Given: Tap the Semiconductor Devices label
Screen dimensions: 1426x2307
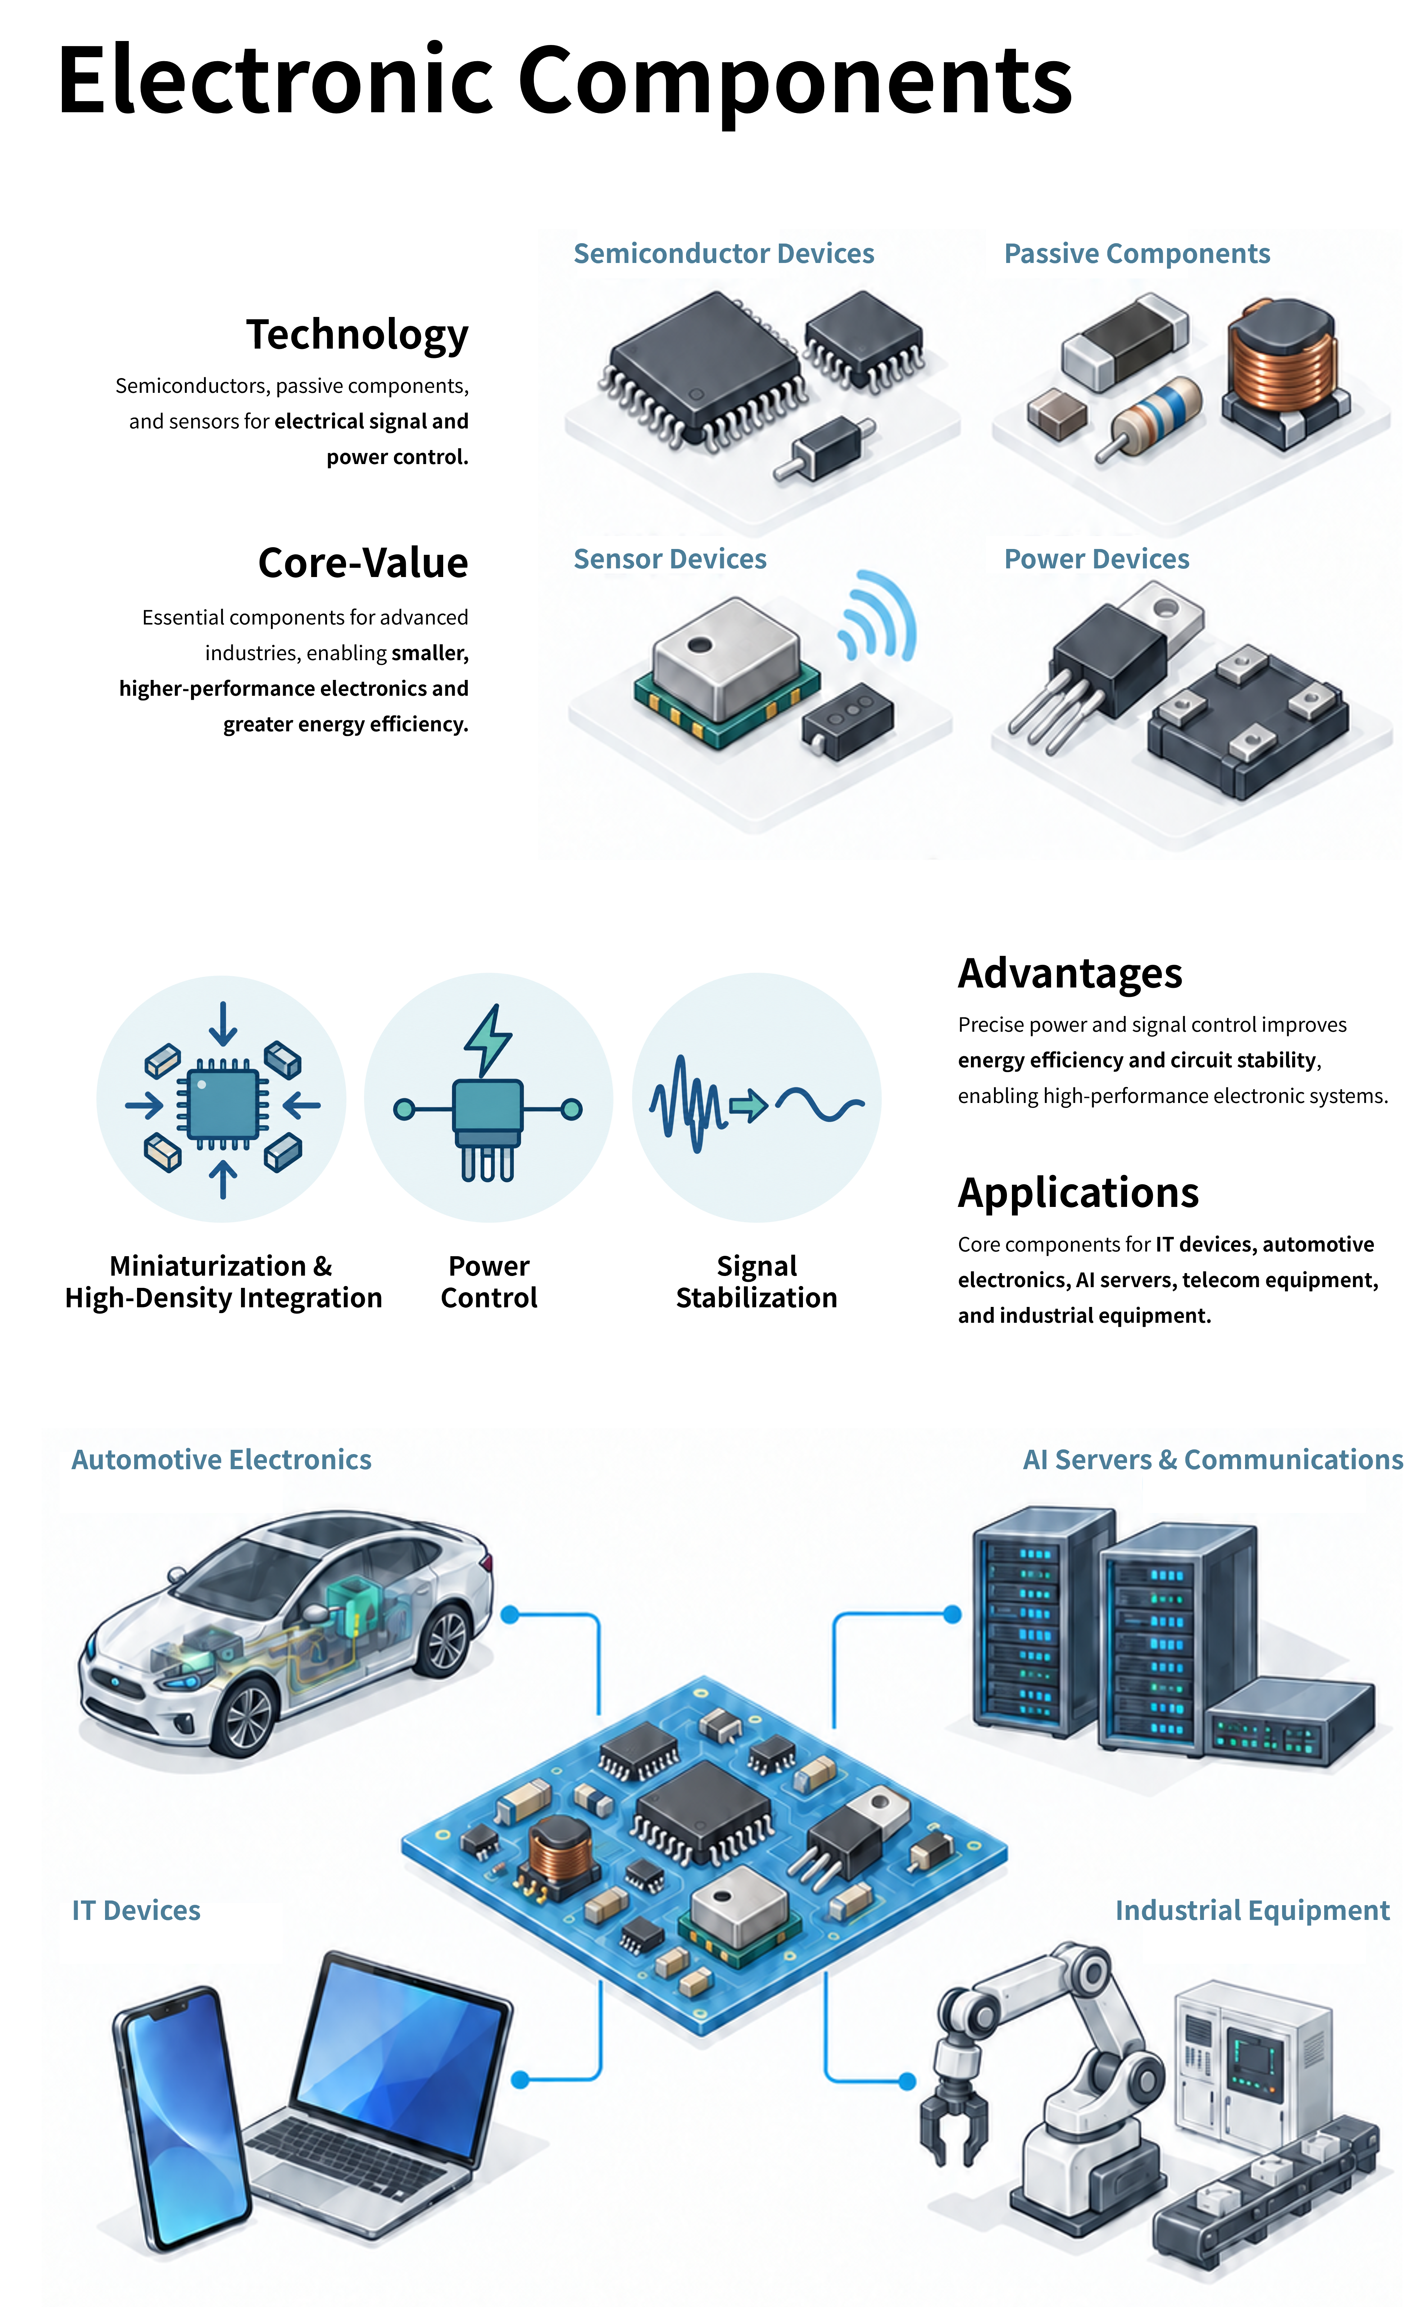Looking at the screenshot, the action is pos(723,254).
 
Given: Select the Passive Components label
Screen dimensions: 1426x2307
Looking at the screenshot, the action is pos(1136,254).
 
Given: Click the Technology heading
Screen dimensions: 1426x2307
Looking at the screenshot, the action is pos(358,335).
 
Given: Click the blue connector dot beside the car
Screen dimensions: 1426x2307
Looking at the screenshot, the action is pos(510,1615).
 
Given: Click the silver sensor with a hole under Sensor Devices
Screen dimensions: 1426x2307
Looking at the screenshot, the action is pos(726,670).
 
